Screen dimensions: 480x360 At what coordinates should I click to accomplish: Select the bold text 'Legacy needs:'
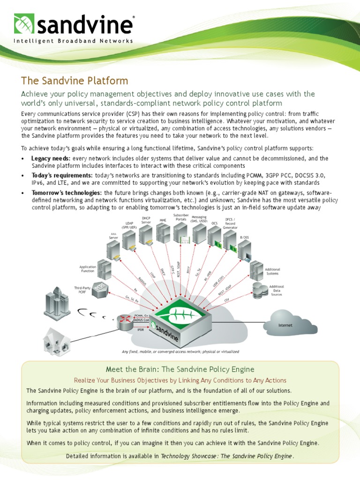point(51,158)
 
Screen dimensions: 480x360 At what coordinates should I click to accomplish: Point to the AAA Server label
point(113,236)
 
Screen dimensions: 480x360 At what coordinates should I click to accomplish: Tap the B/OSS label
point(245,238)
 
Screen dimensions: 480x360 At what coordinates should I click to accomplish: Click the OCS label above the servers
point(215,223)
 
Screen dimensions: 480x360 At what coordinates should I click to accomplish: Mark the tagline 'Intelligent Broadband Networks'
point(73,41)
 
